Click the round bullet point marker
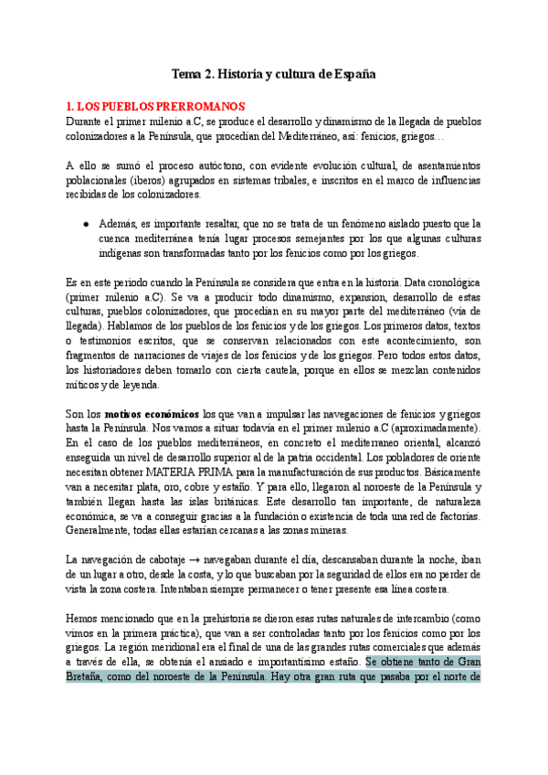(85, 223)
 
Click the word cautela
(204, 370)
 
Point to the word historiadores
(123, 370)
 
